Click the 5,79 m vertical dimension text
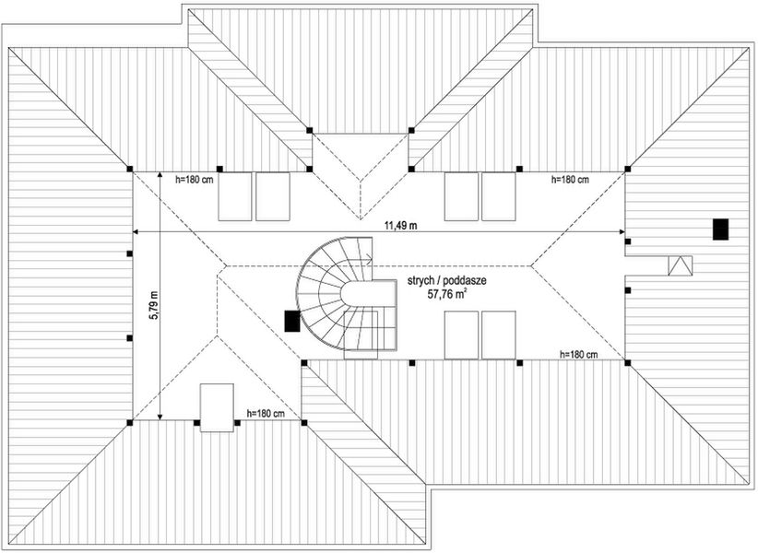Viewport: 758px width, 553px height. tap(153, 304)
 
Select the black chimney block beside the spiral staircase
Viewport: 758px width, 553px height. tap(292, 321)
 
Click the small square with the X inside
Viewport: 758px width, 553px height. tap(681, 265)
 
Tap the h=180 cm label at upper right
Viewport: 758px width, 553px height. tap(569, 179)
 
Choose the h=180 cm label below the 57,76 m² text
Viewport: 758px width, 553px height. tap(578, 354)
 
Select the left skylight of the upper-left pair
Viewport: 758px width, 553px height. tap(235, 195)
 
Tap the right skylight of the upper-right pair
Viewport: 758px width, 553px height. tap(498, 195)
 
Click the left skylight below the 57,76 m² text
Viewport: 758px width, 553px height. tap(461, 335)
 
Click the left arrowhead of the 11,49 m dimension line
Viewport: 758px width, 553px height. tap(136, 230)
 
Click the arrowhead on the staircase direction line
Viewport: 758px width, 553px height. tap(370, 259)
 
